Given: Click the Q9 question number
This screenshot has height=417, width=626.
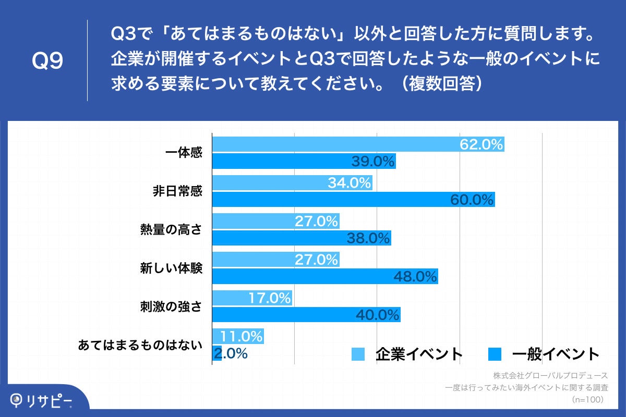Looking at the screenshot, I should pyautogui.click(x=47, y=62).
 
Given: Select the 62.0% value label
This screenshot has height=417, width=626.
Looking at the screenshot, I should pyautogui.click(x=481, y=144).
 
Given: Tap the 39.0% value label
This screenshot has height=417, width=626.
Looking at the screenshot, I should pyautogui.click(x=372, y=162).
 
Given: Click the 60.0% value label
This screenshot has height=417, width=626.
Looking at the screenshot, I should pyautogui.click(x=472, y=199).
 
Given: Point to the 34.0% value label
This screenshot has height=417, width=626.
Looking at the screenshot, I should pyautogui.click(x=349, y=183).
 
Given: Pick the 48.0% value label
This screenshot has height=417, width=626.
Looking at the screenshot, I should pyautogui.click(x=415, y=276).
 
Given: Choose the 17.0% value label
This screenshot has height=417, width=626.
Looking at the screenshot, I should pyautogui.click(x=269, y=298).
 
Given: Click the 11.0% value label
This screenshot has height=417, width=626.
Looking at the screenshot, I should pyautogui.click(x=241, y=336).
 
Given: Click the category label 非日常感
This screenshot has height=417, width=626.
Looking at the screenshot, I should pyautogui.click(x=177, y=191).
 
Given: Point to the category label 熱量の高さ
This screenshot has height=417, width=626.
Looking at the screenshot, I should pyautogui.click(x=171, y=230).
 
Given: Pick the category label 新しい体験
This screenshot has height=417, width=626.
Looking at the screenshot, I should pyautogui.click(x=171, y=268).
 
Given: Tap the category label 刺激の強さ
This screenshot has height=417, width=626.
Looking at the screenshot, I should pyautogui.click(x=171, y=306).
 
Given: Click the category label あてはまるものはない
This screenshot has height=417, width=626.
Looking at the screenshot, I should pyautogui.click(x=140, y=345).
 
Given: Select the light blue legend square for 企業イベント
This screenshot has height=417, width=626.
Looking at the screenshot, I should pyautogui.click(x=358, y=354).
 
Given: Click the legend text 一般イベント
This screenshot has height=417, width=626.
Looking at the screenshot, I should pyautogui.click(x=556, y=354).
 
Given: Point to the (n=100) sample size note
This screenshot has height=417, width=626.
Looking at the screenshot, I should pyautogui.click(x=587, y=399).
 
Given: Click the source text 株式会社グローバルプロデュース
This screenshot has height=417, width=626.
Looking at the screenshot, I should pyautogui.click(x=550, y=375).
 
